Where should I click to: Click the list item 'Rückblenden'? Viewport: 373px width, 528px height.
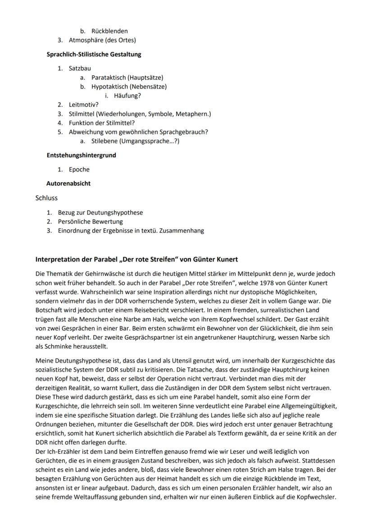click(x=109, y=31)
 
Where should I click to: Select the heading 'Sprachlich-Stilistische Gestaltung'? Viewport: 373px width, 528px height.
click(x=94, y=55)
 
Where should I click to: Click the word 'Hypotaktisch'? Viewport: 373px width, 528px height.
click(x=109, y=87)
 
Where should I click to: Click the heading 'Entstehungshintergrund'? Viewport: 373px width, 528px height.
click(x=81, y=155)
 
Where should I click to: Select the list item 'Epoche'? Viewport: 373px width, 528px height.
click(x=79, y=170)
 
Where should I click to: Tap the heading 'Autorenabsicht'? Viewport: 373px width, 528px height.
click(x=68, y=184)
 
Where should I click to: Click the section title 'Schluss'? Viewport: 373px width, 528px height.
click(x=46, y=198)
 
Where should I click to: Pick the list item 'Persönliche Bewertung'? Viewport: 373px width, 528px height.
click(x=90, y=221)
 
